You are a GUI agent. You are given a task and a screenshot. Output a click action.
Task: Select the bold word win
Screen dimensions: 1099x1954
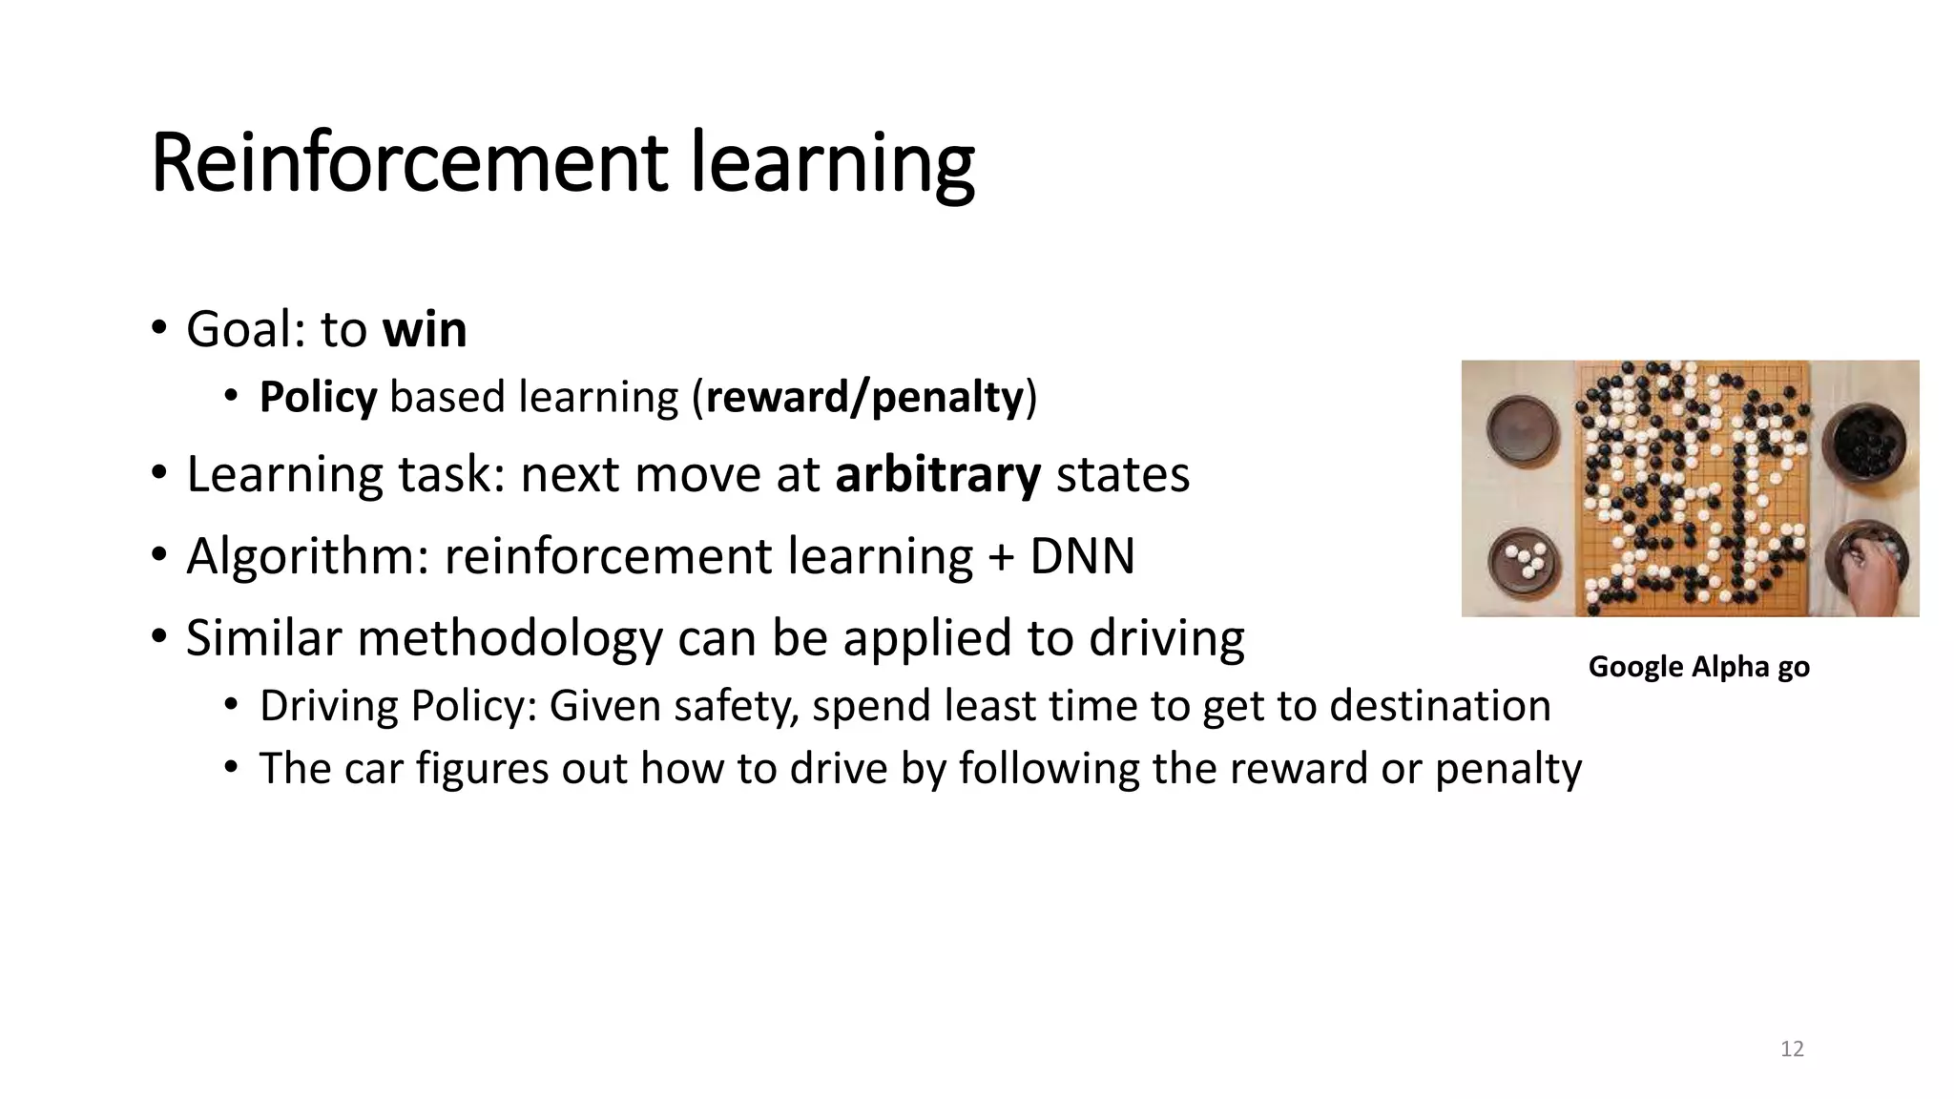click(425, 330)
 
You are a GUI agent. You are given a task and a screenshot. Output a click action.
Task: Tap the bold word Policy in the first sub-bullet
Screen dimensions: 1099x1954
click(318, 398)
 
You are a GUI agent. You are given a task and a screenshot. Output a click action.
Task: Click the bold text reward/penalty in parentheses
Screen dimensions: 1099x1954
click(864, 398)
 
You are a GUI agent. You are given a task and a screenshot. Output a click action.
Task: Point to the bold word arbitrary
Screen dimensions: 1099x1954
click(938, 475)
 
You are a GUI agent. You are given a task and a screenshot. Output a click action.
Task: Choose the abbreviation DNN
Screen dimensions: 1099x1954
click(1083, 556)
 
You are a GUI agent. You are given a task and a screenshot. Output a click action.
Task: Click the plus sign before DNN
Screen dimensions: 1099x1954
click(1001, 558)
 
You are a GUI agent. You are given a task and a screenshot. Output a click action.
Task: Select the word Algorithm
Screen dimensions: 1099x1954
click(307, 556)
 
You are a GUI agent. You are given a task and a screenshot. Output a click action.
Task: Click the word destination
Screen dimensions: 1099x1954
click(1440, 706)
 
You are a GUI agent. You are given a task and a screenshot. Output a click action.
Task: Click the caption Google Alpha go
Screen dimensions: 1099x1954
click(1698, 667)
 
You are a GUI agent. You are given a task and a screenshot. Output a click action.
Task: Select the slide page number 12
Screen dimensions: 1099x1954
click(1792, 1049)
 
